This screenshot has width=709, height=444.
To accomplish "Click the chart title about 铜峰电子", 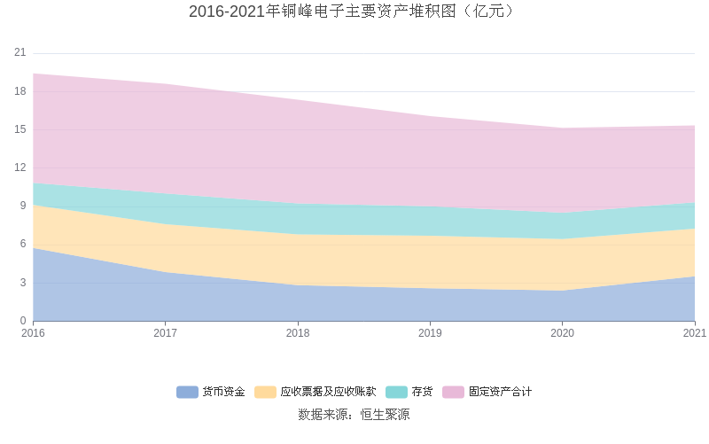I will tap(354, 12).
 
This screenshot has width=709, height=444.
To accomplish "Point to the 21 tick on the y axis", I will tap(20, 52).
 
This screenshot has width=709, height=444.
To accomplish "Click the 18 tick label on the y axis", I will tap(20, 91).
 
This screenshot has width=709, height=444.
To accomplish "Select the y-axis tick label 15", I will tap(20, 129).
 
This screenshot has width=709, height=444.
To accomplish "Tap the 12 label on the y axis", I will tap(20, 167).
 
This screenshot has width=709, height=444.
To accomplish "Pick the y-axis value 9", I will tap(23, 206).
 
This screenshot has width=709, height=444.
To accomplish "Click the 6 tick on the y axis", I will tap(23, 245).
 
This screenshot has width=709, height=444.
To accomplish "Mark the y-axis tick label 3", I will tap(23, 283).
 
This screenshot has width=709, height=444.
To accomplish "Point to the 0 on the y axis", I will tap(23, 321).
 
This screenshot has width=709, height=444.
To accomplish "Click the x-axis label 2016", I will tap(33, 333).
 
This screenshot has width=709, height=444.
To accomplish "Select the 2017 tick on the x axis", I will tap(165, 333).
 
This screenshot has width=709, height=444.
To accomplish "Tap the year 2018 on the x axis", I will tap(298, 333).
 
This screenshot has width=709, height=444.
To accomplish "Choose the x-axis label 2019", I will tap(430, 333).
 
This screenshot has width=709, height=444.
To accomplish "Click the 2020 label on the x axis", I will tap(562, 333).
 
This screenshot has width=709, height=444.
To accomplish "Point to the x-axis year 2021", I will tap(695, 333).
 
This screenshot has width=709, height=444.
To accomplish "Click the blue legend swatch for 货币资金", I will tap(187, 392).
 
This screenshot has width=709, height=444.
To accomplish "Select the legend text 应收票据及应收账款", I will tap(328, 392).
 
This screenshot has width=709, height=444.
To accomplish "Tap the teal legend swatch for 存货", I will tap(396, 392).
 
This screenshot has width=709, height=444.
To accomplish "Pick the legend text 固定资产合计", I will tap(500, 392).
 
